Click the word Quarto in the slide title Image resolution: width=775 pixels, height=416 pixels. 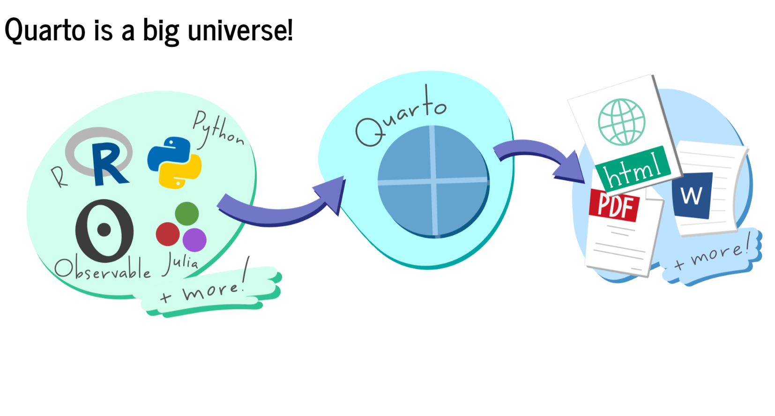(x=45, y=31)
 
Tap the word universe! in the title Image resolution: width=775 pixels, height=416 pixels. (x=240, y=31)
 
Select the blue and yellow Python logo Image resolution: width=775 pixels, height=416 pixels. (x=174, y=162)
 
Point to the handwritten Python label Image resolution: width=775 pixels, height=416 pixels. (x=217, y=129)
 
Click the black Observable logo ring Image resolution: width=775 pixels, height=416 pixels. (x=104, y=230)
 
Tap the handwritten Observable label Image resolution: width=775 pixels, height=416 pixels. (x=102, y=269)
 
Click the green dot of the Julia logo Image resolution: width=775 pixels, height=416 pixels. (x=186, y=214)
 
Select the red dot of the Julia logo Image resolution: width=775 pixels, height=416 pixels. (x=168, y=234)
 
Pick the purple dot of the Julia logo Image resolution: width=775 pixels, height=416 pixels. (x=194, y=239)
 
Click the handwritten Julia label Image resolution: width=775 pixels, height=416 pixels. (x=180, y=263)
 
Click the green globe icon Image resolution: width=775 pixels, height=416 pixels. (x=622, y=122)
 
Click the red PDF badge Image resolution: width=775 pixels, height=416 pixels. (x=614, y=205)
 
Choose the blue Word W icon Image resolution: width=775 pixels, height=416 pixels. (x=692, y=195)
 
